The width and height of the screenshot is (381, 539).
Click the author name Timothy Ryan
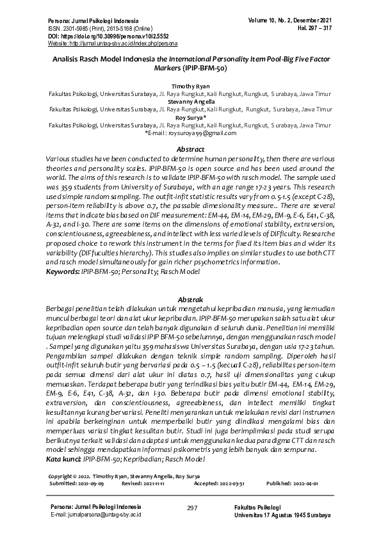190,85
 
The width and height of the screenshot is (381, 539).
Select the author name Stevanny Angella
190,101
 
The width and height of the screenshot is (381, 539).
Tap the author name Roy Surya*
190,118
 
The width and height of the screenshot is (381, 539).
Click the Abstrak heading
190,300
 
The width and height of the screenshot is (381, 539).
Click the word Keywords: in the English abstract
63,272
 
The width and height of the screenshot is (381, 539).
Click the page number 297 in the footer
191,508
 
